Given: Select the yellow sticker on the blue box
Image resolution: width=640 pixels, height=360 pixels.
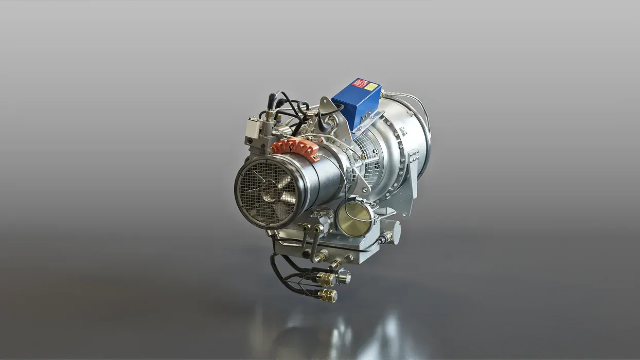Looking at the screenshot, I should pos(371,86).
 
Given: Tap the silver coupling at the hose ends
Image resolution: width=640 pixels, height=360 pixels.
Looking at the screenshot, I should pos(344,278).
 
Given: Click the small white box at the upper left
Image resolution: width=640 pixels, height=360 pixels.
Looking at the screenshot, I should pos(253,127).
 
